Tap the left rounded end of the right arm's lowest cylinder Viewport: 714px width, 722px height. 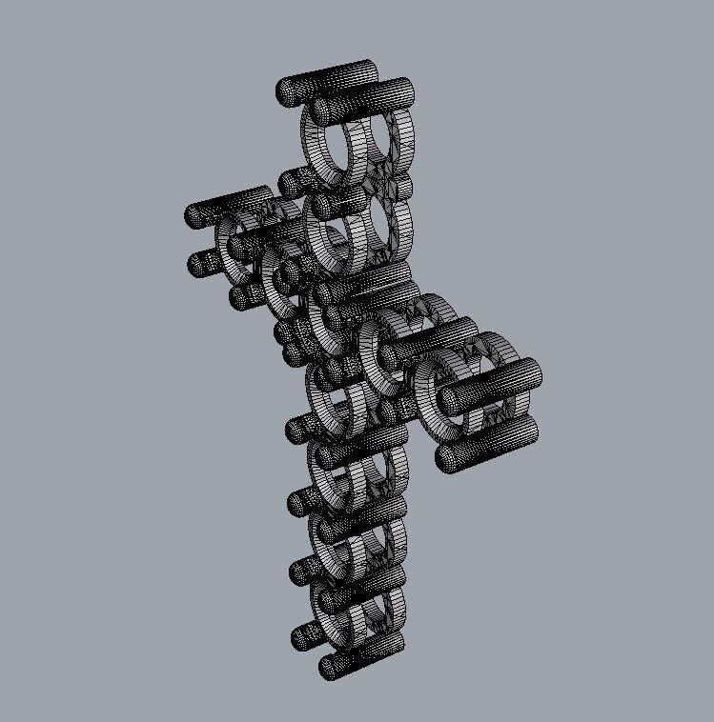click(x=447, y=459)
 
